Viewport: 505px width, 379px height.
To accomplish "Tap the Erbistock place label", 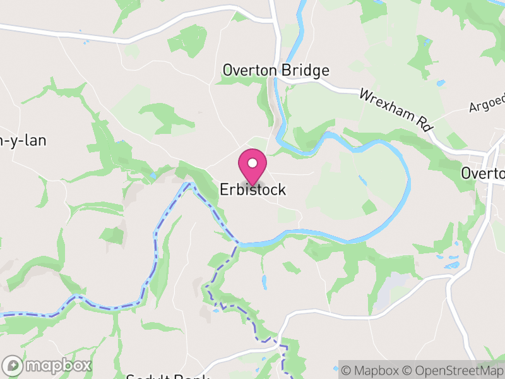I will click(252, 189).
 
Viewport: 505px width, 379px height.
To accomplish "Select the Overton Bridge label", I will click(276, 70).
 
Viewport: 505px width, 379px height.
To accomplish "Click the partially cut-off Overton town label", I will click(483, 173).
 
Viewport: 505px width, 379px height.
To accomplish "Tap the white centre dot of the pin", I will click(252, 163).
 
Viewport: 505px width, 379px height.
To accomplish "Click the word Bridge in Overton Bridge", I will click(306, 70).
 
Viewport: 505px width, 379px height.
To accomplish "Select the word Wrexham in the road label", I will click(387, 104).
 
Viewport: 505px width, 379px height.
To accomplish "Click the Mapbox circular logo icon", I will click(13, 365).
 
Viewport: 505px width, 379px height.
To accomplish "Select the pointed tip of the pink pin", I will click(252, 185).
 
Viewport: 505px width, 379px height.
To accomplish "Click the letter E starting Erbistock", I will click(225, 189).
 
